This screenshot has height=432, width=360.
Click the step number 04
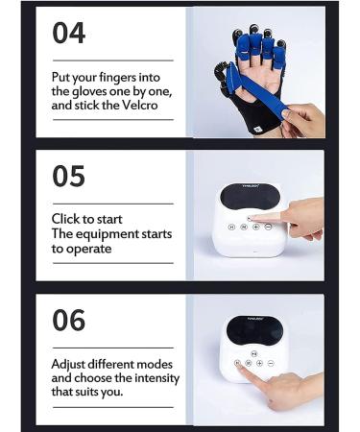(69, 34)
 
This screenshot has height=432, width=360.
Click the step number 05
(68, 176)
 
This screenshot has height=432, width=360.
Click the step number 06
(69, 320)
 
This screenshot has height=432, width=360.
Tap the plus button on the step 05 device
(258, 228)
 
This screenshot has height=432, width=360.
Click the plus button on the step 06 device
(260, 363)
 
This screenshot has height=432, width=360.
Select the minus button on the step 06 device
(272, 363)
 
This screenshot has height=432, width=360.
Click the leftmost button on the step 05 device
(231, 228)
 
